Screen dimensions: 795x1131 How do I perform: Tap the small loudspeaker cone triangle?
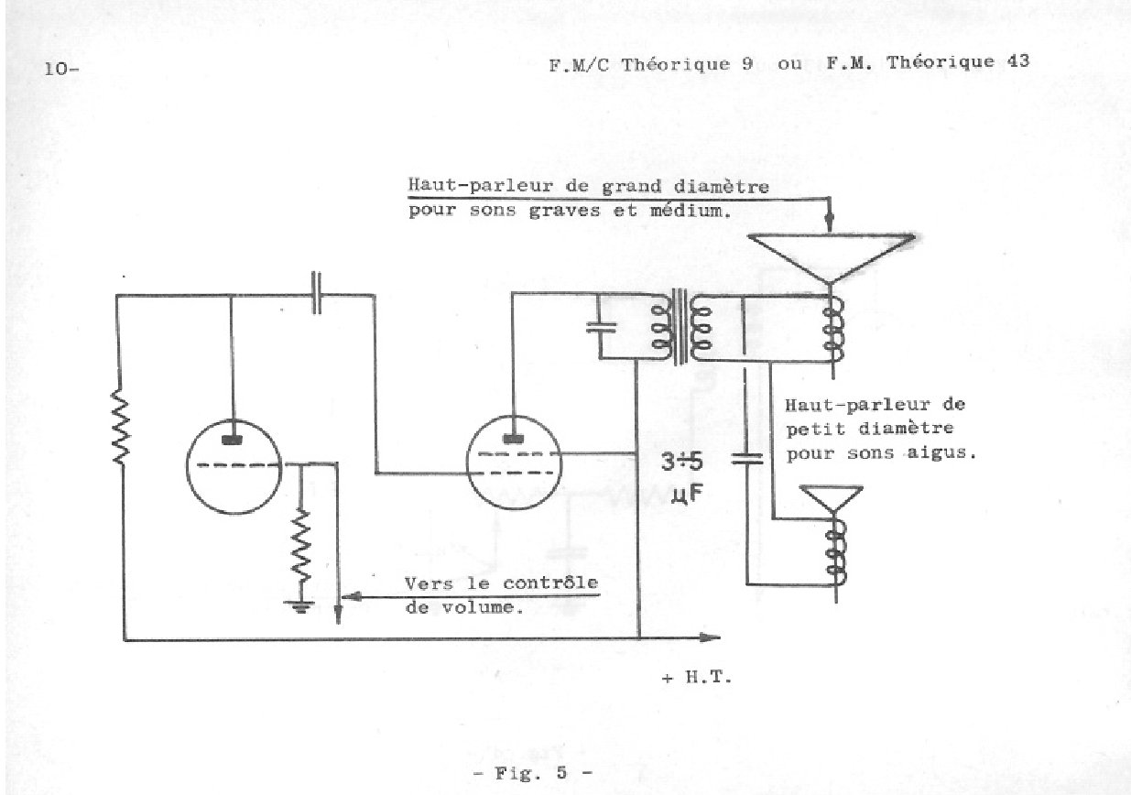pos(832,502)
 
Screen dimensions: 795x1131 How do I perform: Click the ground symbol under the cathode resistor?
pos(297,605)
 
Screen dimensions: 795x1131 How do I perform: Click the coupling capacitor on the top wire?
pos(315,293)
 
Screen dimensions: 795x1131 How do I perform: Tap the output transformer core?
pos(680,327)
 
